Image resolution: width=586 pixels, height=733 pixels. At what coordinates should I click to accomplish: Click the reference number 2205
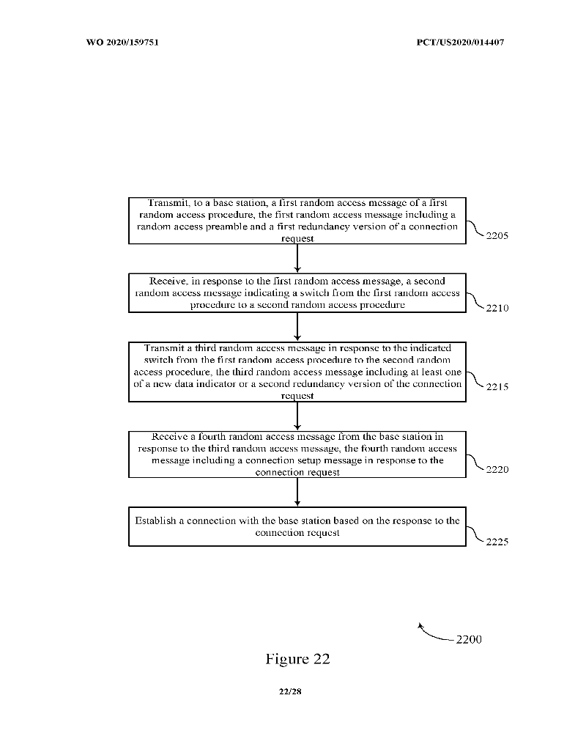(497, 235)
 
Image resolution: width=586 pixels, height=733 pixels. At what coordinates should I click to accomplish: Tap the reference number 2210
(497, 308)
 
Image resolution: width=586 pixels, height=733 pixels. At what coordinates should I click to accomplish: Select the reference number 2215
(497, 386)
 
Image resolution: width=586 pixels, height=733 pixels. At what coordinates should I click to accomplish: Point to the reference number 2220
(497, 469)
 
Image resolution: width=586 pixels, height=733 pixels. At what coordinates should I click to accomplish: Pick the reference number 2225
(497, 542)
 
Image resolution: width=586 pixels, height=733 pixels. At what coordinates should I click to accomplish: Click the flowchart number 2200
(469, 639)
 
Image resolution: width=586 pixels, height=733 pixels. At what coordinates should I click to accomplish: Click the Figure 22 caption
(297, 659)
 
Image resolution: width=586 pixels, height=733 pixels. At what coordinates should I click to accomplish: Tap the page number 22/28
(290, 691)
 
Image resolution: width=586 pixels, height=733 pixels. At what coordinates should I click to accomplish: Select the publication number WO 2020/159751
(122, 42)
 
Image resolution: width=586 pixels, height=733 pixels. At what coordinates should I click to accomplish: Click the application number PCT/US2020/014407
(460, 42)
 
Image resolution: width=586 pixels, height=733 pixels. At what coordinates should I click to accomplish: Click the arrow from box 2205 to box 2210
(297, 259)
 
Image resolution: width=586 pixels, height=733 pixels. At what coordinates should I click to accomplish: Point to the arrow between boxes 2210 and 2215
(297, 327)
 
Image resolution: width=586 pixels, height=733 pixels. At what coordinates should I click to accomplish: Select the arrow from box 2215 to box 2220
(297, 416)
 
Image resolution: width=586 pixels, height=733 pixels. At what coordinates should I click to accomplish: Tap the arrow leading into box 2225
(297, 492)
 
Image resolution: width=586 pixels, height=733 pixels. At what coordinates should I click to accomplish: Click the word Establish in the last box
(155, 520)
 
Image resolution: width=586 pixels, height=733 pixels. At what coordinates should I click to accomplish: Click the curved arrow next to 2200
(432, 635)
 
